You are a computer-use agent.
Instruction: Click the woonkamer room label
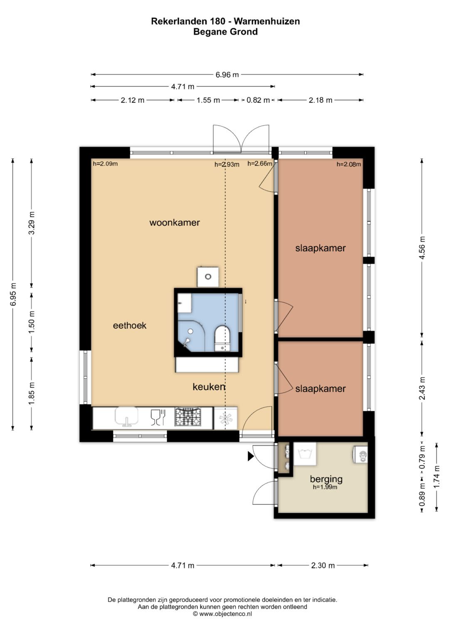point(174,222)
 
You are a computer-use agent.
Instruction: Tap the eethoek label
point(130,326)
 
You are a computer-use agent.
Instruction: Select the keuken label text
point(209,387)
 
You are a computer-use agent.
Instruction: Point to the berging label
point(326,479)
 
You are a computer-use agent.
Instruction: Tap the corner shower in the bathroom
point(191,337)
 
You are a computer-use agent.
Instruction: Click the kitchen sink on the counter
point(126,417)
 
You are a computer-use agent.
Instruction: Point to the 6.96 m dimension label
point(227,75)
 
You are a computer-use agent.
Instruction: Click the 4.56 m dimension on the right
point(422,247)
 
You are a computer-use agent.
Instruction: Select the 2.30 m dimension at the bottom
point(323,566)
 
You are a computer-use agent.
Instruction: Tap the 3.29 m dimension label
point(32,223)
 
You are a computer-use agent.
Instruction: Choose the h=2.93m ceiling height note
point(227,164)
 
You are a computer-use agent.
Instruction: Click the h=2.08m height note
point(349,164)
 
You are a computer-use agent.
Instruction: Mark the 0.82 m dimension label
point(258,100)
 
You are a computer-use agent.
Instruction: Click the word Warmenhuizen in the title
point(267,21)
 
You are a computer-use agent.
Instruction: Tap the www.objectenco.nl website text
point(225,614)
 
